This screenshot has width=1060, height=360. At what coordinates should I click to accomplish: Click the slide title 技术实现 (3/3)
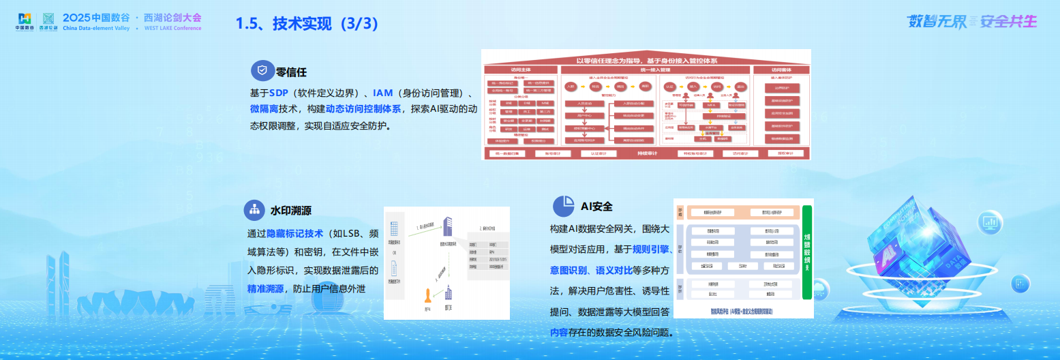coord(307,23)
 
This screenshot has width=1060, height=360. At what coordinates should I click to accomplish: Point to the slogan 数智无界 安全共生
coord(971,21)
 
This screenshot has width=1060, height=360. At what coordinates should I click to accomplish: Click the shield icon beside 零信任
coord(262,70)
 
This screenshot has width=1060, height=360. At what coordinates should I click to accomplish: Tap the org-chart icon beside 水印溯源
coord(254,210)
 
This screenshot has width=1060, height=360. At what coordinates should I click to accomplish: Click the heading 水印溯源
coord(291,211)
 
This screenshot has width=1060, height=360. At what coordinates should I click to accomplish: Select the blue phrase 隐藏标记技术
coord(294,233)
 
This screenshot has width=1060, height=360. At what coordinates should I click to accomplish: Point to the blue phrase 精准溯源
coord(266,288)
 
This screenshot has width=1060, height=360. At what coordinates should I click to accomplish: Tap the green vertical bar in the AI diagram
coord(807,252)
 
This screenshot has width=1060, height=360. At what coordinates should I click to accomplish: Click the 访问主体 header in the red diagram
coord(521,70)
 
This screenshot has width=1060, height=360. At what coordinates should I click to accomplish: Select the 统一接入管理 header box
coord(653,70)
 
